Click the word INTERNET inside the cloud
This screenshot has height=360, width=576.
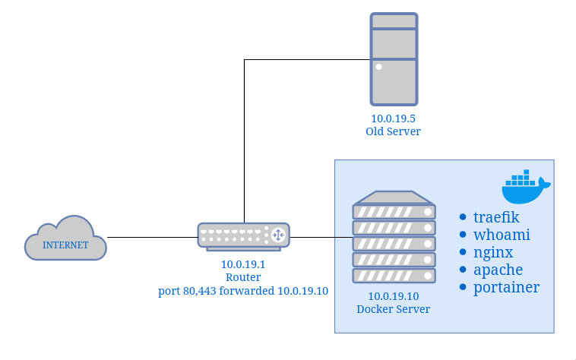(x=65, y=245)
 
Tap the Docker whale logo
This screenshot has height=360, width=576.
(x=526, y=186)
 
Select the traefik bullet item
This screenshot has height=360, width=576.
(x=496, y=217)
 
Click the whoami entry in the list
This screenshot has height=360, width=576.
(x=502, y=235)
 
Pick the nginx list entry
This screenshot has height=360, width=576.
(x=493, y=252)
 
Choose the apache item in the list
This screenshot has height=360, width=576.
(x=498, y=270)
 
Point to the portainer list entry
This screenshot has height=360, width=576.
(x=506, y=287)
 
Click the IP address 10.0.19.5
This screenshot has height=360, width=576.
(x=393, y=118)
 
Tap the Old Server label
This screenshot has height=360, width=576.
(x=393, y=131)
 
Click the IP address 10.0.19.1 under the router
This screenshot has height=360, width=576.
(x=243, y=264)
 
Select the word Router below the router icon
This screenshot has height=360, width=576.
(x=243, y=277)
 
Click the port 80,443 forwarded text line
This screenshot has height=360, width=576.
(x=243, y=291)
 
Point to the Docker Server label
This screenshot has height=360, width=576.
(x=394, y=309)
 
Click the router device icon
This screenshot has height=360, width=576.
(x=244, y=237)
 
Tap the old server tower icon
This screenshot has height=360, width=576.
(x=394, y=59)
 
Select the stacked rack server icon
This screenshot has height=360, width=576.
(x=394, y=237)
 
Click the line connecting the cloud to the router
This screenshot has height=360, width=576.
(x=153, y=237)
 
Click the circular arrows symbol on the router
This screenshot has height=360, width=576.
(x=278, y=235)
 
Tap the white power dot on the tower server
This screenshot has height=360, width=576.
(x=378, y=67)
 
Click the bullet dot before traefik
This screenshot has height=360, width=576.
(x=463, y=217)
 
